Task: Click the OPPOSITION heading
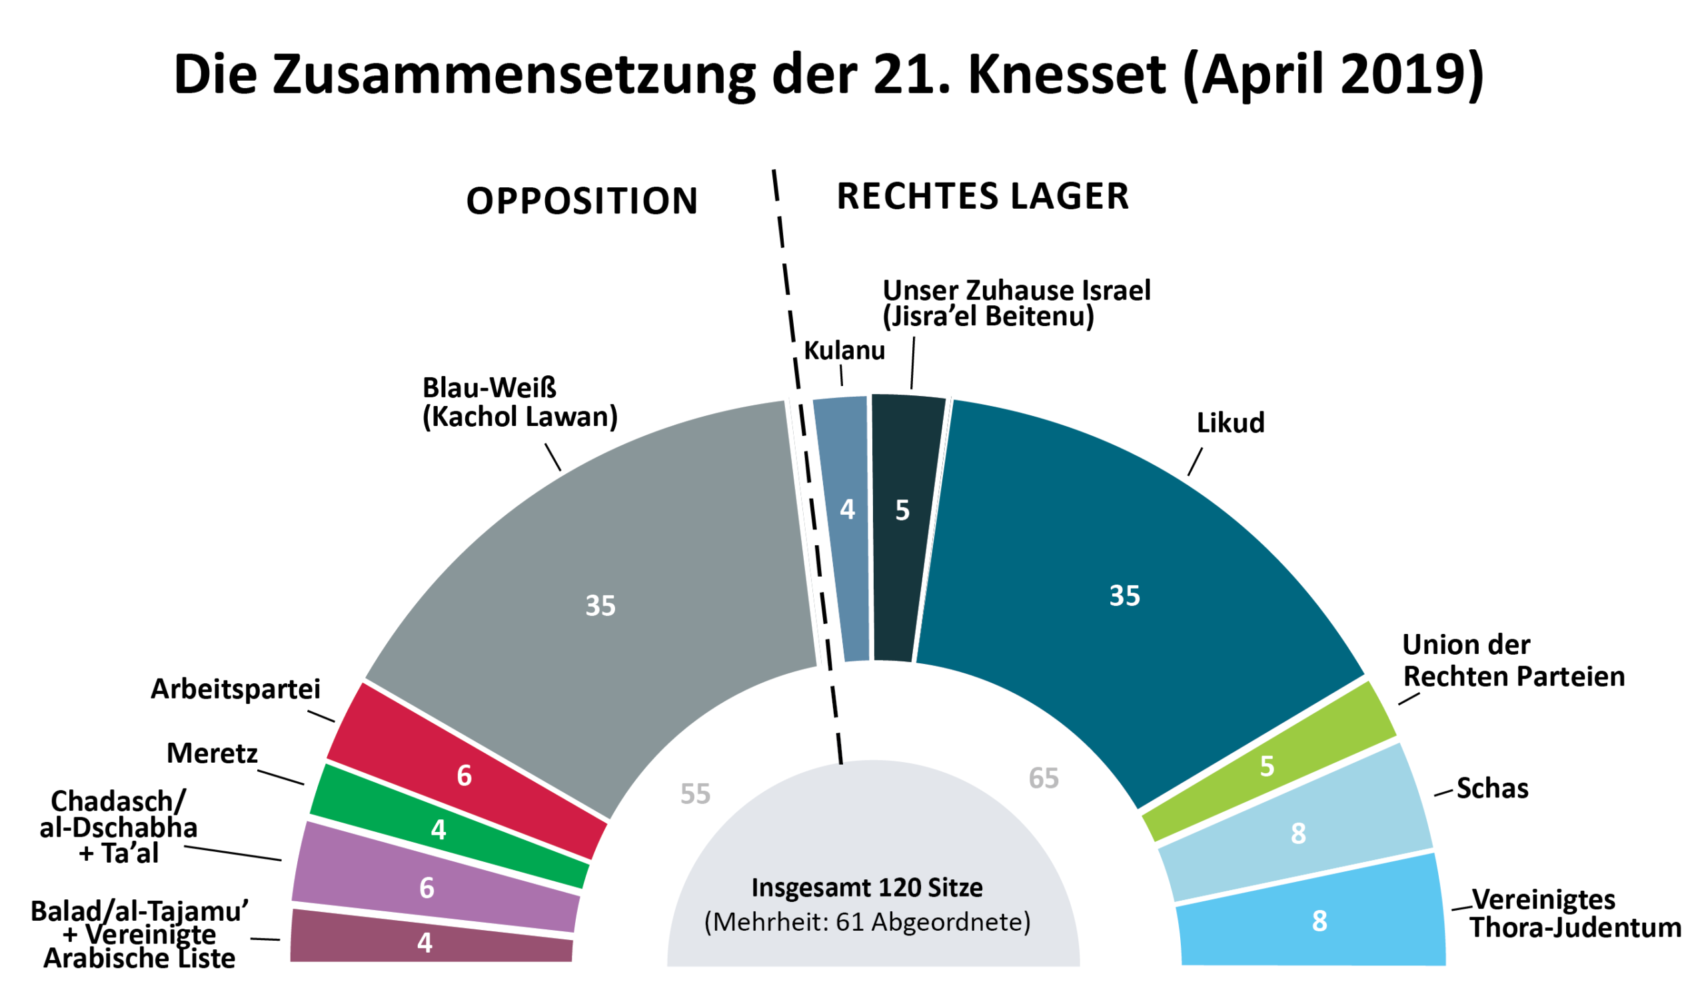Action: point(582,201)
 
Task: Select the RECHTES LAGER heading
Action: point(983,197)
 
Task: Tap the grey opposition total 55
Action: point(695,794)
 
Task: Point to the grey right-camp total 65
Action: point(1043,779)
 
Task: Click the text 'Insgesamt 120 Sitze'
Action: point(867,887)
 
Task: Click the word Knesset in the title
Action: point(1066,75)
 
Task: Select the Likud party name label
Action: point(1230,423)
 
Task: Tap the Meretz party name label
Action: point(213,753)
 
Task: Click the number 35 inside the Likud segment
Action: point(1124,596)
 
